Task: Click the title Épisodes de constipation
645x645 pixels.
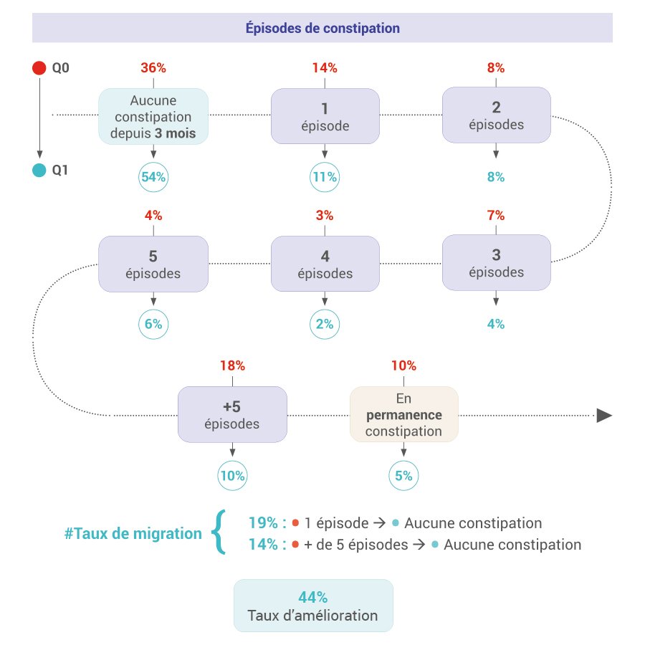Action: click(322, 29)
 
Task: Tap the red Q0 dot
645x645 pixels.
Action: click(39, 69)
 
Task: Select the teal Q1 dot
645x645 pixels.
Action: click(39, 171)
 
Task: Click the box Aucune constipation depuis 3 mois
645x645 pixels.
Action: click(153, 115)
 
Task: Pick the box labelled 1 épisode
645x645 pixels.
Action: click(325, 115)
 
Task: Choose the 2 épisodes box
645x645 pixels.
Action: click(496, 115)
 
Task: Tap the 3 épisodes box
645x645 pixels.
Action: click(496, 263)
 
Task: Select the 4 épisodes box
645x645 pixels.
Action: click(325, 264)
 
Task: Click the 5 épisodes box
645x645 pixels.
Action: click(153, 264)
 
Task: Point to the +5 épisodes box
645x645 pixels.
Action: click(232, 414)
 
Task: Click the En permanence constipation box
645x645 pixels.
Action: click(403, 414)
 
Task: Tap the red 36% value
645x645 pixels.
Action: click(153, 68)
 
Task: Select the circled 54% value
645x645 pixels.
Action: click(153, 178)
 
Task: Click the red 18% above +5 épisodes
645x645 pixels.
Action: click(232, 365)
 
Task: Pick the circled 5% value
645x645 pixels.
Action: click(403, 475)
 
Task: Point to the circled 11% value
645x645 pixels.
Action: click(325, 178)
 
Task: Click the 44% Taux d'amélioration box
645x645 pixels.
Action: click(313, 606)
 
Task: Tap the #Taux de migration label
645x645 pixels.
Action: click(133, 533)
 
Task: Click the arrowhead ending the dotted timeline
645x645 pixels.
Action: click(604, 416)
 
